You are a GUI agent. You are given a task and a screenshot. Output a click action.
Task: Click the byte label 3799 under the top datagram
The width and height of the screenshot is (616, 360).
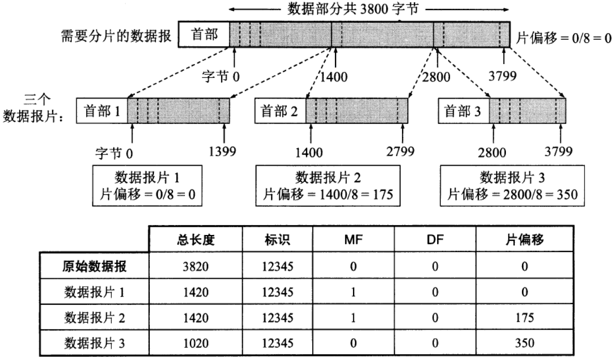pyautogui.click(x=503, y=77)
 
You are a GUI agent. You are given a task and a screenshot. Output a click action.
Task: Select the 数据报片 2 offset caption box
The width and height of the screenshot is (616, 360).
pyautogui.click(x=328, y=186)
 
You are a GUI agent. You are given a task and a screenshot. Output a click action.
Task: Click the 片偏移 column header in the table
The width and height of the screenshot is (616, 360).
pyautogui.click(x=525, y=240)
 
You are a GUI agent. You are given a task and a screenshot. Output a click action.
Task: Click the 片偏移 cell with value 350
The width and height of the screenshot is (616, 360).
pyautogui.click(x=525, y=342)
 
